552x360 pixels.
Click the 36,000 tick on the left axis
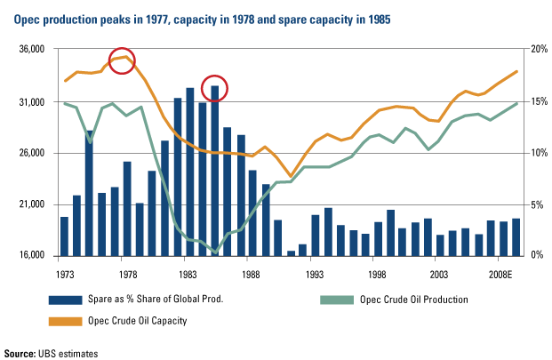(36, 51)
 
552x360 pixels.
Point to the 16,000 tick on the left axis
(36, 256)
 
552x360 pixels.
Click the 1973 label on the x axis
(64, 276)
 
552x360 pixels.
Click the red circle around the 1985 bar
(215, 88)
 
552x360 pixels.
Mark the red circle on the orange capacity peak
(122, 61)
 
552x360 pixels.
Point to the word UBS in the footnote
(60, 354)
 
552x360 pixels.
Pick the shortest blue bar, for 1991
(291, 252)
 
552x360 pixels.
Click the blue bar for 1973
(64, 236)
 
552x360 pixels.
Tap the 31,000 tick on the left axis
(36, 102)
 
